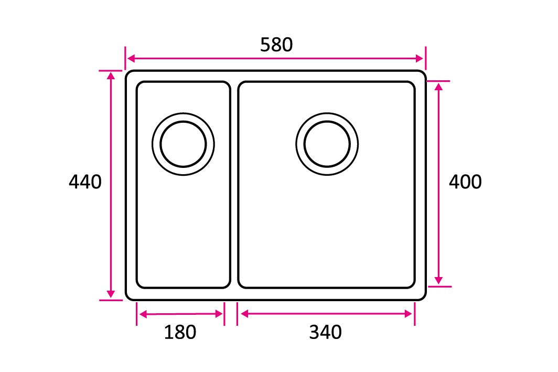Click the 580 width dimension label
pyautogui.click(x=276, y=45)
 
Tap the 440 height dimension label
pyautogui.click(x=85, y=182)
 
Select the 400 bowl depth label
pyautogui.click(x=465, y=182)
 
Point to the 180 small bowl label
pyautogui.click(x=180, y=332)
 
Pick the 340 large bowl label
pyautogui.click(x=325, y=332)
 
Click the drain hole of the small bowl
pyautogui.click(x=183, y=144)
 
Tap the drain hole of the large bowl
pyautogui.click(x=327, y=144)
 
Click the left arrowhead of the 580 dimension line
pyautogui.click(x=131, y=58)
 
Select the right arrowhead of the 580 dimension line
pyautogui.click(x=420, y=58)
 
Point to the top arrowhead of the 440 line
pyautogui.click(x=111, y=76)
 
